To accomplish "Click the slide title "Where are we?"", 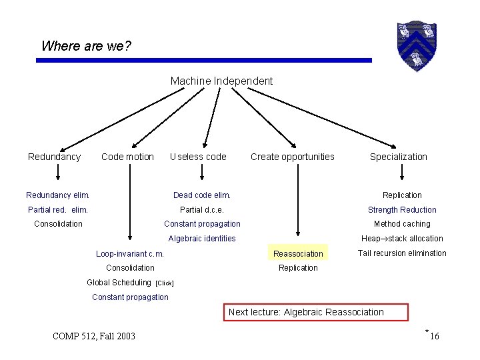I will click(87, 46).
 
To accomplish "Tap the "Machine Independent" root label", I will click(221, 81).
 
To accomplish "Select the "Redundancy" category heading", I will click(54, 157).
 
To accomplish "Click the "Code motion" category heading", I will click(127, 157).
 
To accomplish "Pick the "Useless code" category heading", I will click(198, 157).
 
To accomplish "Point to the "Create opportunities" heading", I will click(293, 157).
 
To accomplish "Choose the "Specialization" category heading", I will click(399, 157).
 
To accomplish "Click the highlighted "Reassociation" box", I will click(298, 253).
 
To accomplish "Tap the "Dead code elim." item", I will click(202, 195).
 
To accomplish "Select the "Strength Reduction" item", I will click(402, 210).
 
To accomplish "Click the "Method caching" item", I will click(402, 224).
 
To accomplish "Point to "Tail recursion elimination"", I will click(402, 253).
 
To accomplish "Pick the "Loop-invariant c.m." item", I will click(130, 253).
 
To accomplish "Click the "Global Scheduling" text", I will click(119, 282).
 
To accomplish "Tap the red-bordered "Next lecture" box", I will click(307, 312).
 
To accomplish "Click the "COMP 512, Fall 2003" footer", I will click(93, 336).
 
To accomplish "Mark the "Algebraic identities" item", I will click(202, 239).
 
